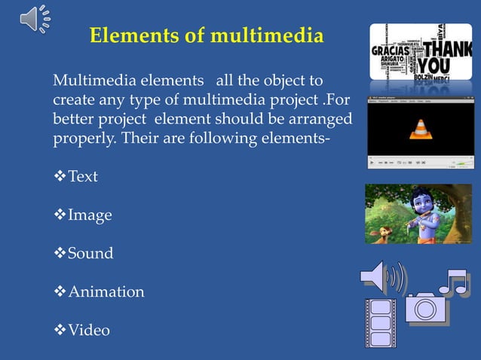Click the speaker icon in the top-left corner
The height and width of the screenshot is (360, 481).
(35, 19)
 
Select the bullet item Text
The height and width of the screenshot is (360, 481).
(83, 177)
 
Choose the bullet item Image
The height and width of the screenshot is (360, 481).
(90, 215)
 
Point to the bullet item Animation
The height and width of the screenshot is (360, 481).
(106, 291)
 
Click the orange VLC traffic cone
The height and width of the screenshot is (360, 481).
(420, 130)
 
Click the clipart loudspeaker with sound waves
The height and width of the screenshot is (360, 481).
(382, 278)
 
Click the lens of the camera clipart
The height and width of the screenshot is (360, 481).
(425, 310)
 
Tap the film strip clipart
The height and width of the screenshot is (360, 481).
(380, 322)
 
